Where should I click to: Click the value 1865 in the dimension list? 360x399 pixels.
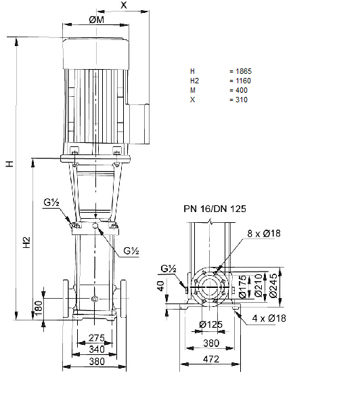244,71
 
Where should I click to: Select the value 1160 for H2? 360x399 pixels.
243,81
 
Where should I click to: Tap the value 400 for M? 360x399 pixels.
242,90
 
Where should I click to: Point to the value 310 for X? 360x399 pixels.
242,100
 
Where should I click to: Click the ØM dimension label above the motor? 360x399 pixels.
96,20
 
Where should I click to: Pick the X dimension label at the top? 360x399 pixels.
124,5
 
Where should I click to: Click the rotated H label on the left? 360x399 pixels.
9,164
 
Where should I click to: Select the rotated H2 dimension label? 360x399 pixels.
26,243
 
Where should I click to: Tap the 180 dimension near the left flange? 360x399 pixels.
39,308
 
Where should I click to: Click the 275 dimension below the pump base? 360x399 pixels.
97,338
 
